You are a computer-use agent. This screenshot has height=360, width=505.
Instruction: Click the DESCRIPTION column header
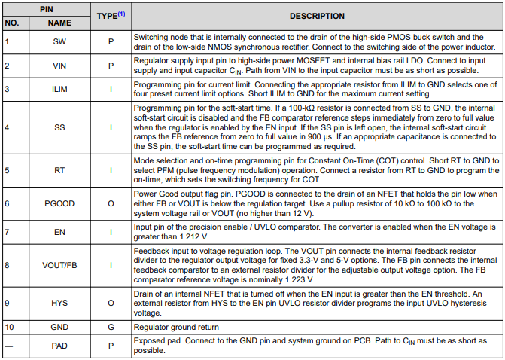click(317, 16)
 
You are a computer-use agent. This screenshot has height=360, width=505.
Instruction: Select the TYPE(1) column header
click(111, 16)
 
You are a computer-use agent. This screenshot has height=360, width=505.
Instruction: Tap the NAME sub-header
click(59, 23)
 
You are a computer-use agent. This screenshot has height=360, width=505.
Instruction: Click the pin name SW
click(59, 41)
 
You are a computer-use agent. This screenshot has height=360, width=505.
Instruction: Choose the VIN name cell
click(59, 66)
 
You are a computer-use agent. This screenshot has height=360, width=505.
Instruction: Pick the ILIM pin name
click(59, 90)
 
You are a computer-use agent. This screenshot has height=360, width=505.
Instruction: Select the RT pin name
click(59, 171)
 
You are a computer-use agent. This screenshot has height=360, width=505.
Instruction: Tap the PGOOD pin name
click(59, 204)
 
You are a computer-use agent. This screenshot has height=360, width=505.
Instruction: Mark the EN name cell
click(59, 232)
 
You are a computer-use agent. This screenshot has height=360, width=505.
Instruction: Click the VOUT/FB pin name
click(59, 265)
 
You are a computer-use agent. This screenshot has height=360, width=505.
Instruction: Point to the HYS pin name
click(59, 303)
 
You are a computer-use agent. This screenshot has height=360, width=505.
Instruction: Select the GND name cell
click(59, 327)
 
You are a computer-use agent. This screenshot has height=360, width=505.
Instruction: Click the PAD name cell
click(59, 346)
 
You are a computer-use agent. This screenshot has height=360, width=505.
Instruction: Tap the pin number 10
click(10, 327)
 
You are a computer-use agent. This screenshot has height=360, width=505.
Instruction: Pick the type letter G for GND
click(111, 327)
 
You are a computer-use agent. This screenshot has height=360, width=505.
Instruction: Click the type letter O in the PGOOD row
click(111, 204)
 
